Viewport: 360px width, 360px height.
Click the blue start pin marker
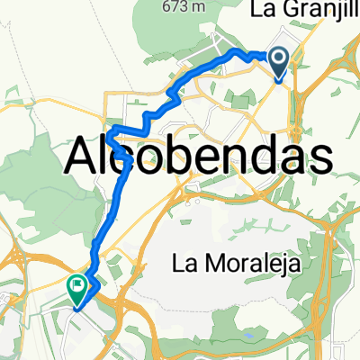point(280,62)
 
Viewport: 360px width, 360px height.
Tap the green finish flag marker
point(78,289)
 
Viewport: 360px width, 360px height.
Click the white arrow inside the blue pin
point(280,61)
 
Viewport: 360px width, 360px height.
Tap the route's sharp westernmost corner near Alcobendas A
point(108,135)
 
